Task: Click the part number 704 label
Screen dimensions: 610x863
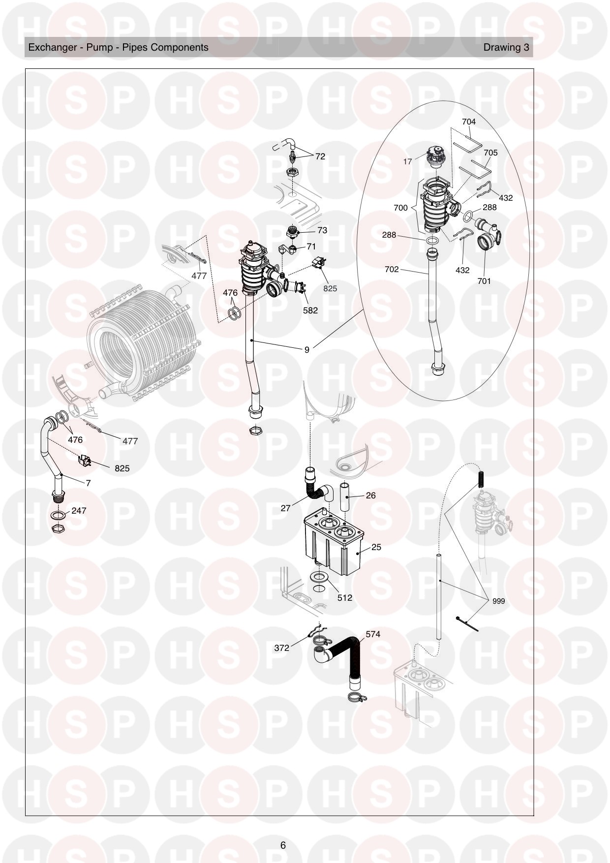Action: point(469,122)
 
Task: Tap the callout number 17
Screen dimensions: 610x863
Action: point(407,161)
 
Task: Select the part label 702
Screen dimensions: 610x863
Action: point(392,270)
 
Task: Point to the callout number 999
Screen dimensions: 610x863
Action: point(498,601)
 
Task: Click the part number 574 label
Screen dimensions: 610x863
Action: point(373,634)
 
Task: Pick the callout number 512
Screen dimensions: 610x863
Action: point(345,598)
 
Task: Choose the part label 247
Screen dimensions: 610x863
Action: point(79,511)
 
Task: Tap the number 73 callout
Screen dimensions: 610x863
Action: point(322,230)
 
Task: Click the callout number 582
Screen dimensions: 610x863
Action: point(310,310)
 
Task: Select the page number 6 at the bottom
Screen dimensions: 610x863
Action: point(283,845)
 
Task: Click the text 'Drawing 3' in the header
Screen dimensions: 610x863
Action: point(506,47)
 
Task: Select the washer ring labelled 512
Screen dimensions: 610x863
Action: point(320,577)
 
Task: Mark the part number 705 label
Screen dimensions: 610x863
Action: point(490,153)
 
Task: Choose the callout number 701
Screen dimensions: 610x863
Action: point(484,281)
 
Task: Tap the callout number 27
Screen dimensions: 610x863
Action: point(285,508)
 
